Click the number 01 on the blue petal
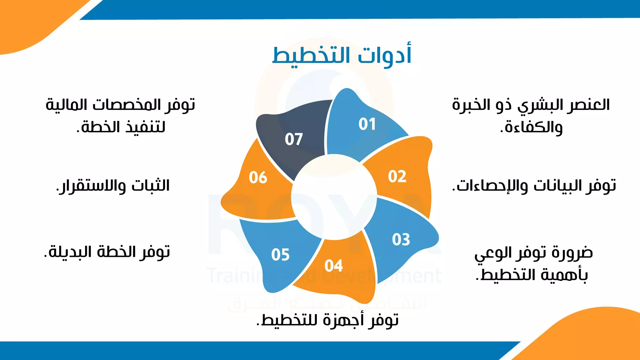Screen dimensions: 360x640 tap(367, 124)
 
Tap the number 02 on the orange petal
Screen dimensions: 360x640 tap(397, 177)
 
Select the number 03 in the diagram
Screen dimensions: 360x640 tap(401, 240)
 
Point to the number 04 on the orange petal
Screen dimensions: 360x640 tap(333, 266)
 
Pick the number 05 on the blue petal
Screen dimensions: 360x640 tap(280, 255)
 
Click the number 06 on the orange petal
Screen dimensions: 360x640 tap(258, 177)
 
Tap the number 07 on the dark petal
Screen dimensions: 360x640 tap(294, 139)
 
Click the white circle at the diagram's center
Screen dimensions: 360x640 tap(334, 197)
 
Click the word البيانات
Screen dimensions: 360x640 tap(558, 186)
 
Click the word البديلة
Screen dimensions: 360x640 tap(67, 252)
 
